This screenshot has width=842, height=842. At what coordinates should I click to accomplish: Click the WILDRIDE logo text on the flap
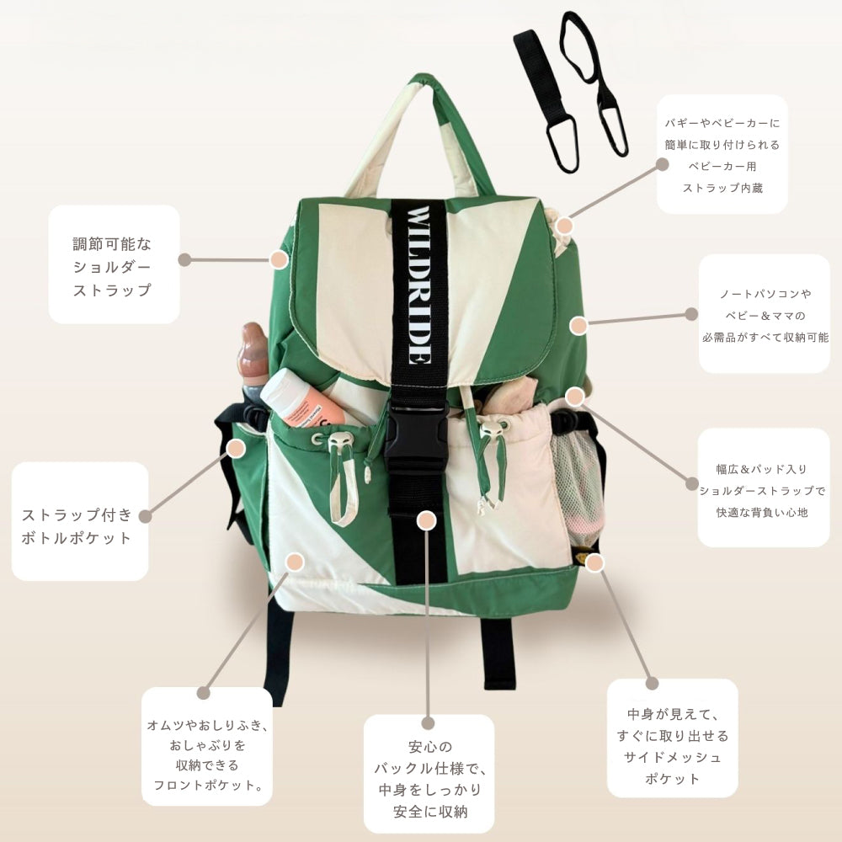[x=418, y=285]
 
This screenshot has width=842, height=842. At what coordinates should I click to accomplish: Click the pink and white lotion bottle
[x=302, y=401]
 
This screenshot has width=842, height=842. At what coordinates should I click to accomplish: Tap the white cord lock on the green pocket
[x=339, y=440]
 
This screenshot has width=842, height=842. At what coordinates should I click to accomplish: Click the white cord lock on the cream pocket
[x=493, y=428]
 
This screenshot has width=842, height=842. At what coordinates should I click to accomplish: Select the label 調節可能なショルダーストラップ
[x=114, y=267]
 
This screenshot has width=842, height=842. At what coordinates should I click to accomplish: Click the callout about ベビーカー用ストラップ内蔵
[x=722, y=155]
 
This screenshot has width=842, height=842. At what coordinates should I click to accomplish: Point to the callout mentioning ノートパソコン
[x=765, y=314]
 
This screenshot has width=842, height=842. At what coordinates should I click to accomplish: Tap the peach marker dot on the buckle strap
[x=427, y=520]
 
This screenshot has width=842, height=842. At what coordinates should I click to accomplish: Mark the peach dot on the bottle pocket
[x=236, y=448]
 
